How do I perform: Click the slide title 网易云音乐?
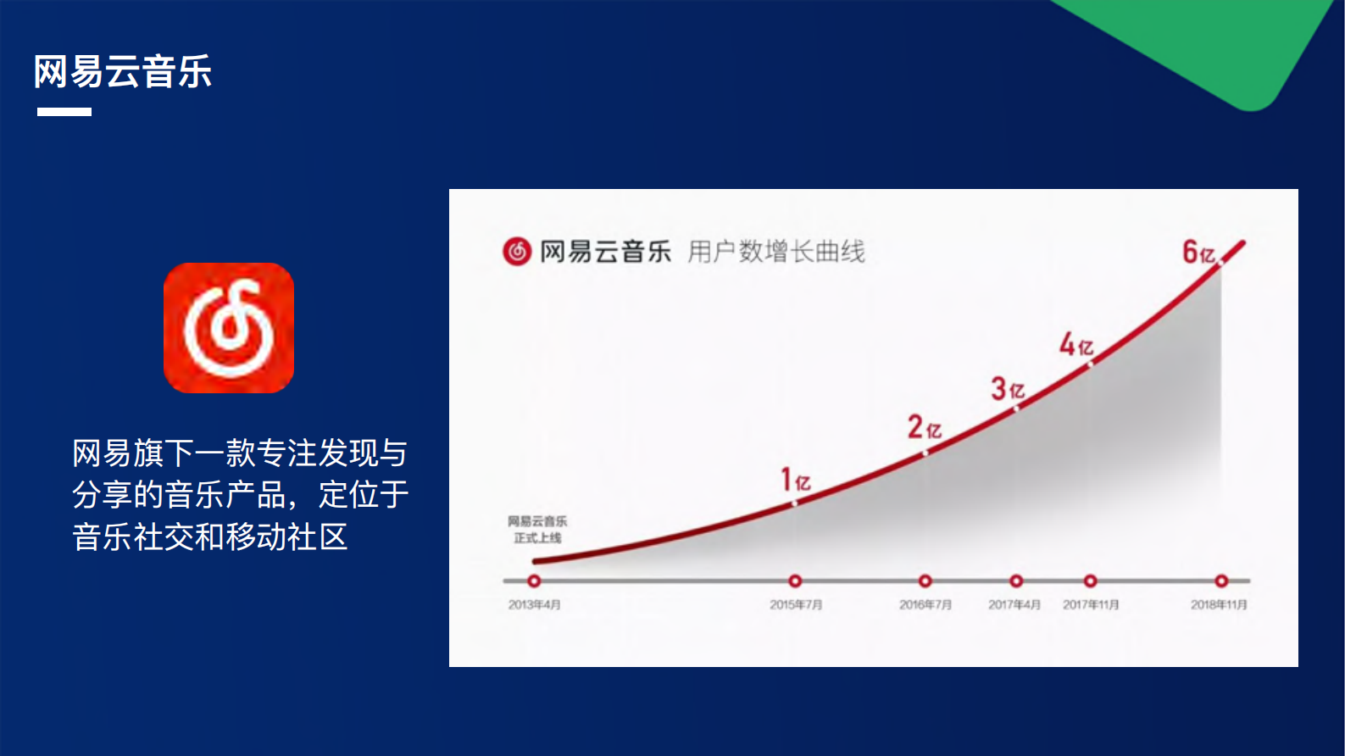click(x=123, y=72)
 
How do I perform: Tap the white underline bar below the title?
click(x=64, y=112)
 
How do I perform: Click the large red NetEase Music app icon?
click(x=229, y=328)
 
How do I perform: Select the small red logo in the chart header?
click(x=517, y=252)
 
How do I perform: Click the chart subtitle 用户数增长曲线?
click(x=775, y=252)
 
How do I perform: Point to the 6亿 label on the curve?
click(x=1198, y=253)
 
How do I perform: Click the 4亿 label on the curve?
click(x=1076, y=344)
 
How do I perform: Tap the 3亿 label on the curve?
click(x=1008, y=389)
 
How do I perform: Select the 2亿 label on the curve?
click(x=925, y=427)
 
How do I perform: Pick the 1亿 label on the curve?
click(x=795, y=481)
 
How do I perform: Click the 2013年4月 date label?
click(x=534, y=605)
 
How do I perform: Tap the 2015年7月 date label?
click(x=796, y=605)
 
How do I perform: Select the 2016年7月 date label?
click(x=925, y=605)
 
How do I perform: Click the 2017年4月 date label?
click(x=1014, y=605)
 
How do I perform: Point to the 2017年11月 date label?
click(x=1091, y=605)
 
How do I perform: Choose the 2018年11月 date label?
click(x=1219, y=605)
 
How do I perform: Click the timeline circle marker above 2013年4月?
click(x=534, y=581)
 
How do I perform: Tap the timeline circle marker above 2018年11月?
click(x=1221, y=581)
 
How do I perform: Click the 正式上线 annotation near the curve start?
click(x=537, y=537)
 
